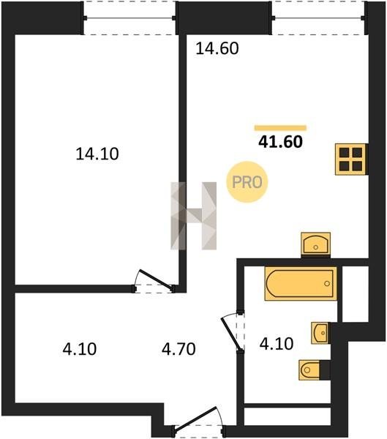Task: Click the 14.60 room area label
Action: coord(217,48)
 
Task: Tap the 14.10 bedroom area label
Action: coord(97,154)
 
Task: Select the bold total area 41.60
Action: coord(280,142)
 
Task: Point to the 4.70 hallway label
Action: coord(179,349)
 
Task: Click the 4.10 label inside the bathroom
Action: coord(277,344)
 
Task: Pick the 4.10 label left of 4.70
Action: coord(80,349)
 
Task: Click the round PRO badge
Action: coord(247,182)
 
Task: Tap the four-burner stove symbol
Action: coord(350,160)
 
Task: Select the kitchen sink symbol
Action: coord(315,244)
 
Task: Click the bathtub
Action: coord(301,283)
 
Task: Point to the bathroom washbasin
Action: coord(320,333)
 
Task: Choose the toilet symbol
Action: coord(310,369)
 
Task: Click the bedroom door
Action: coord(156,279)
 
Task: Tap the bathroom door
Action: coord(232,333)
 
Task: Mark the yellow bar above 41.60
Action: coord(280,128)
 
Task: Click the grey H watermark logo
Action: coord(193,216)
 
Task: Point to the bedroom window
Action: coord(129,18)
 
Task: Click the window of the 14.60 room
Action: coord(318,18)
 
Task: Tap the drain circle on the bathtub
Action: coord(327,283)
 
